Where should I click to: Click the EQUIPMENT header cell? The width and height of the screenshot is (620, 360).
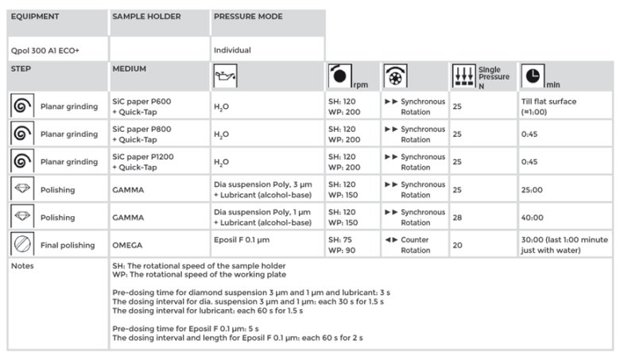pyautogui.click(x=34, y=17)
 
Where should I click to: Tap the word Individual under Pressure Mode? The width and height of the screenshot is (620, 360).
pyautogui.click(x=232, y=50)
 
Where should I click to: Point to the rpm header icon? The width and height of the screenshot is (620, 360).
pyautogui.click(x=338, y=77)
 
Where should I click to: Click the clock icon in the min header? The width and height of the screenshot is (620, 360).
pyautogui.click(x=532, y=76)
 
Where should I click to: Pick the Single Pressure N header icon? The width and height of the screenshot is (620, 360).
pyautogui.click(x=463, y=77)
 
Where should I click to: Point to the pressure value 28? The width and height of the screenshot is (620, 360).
pyautogui.click(x=457, y=218)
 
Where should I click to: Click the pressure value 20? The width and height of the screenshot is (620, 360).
pyautogui.click(x=457, y=246)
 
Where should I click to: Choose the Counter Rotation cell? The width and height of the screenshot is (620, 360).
pyautogui.click(x=414, y=245)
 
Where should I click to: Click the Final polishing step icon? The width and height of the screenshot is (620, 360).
pyautogui.click(x=21, y=245)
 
